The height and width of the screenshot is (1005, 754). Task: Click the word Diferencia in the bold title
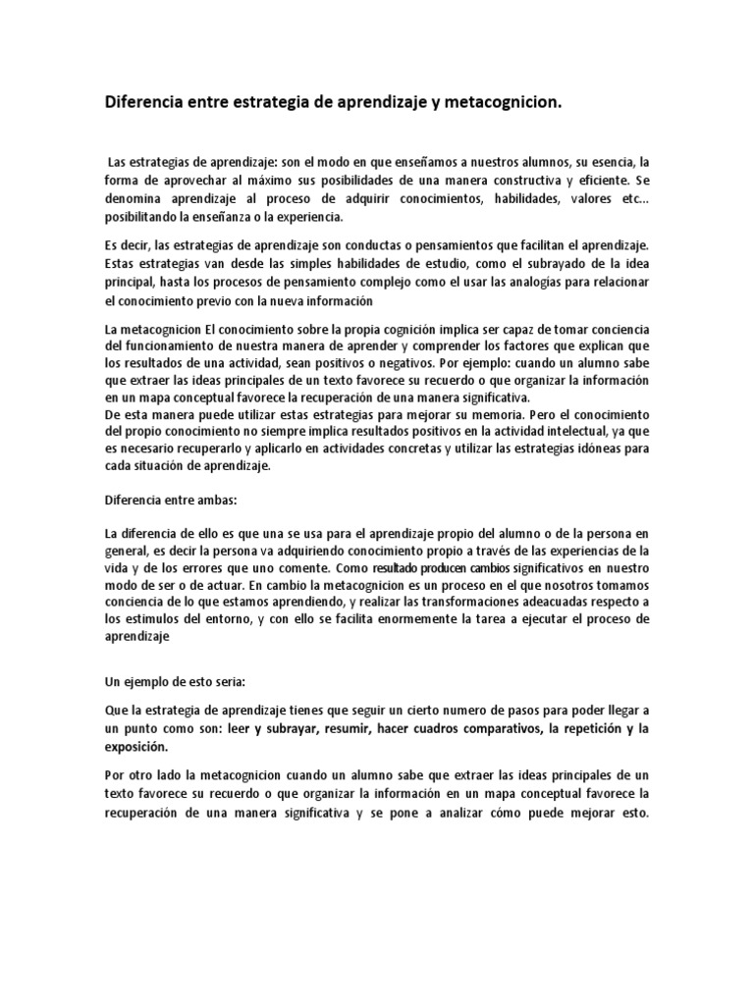tap(148, 102)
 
